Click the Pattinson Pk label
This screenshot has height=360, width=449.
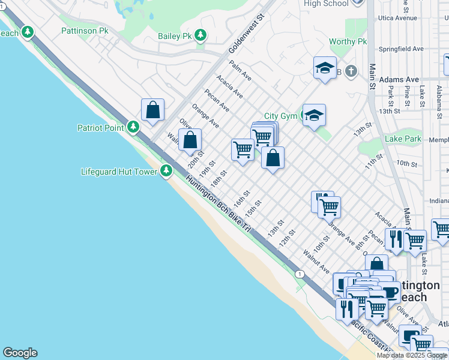click(85, 30)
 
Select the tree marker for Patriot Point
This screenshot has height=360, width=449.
click(133, 127)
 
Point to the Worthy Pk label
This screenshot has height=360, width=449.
click(348, 41)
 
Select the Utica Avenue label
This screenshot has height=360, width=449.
click(397, 18)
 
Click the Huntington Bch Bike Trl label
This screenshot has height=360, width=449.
click(217, 204)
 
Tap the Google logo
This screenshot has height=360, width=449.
click(20, 353)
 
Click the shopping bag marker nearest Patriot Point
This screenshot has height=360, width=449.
click(153, 110)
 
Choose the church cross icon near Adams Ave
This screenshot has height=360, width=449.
click(351, 72)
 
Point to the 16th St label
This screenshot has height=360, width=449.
click(241, 199)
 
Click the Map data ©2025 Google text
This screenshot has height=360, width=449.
click(412, 355)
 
